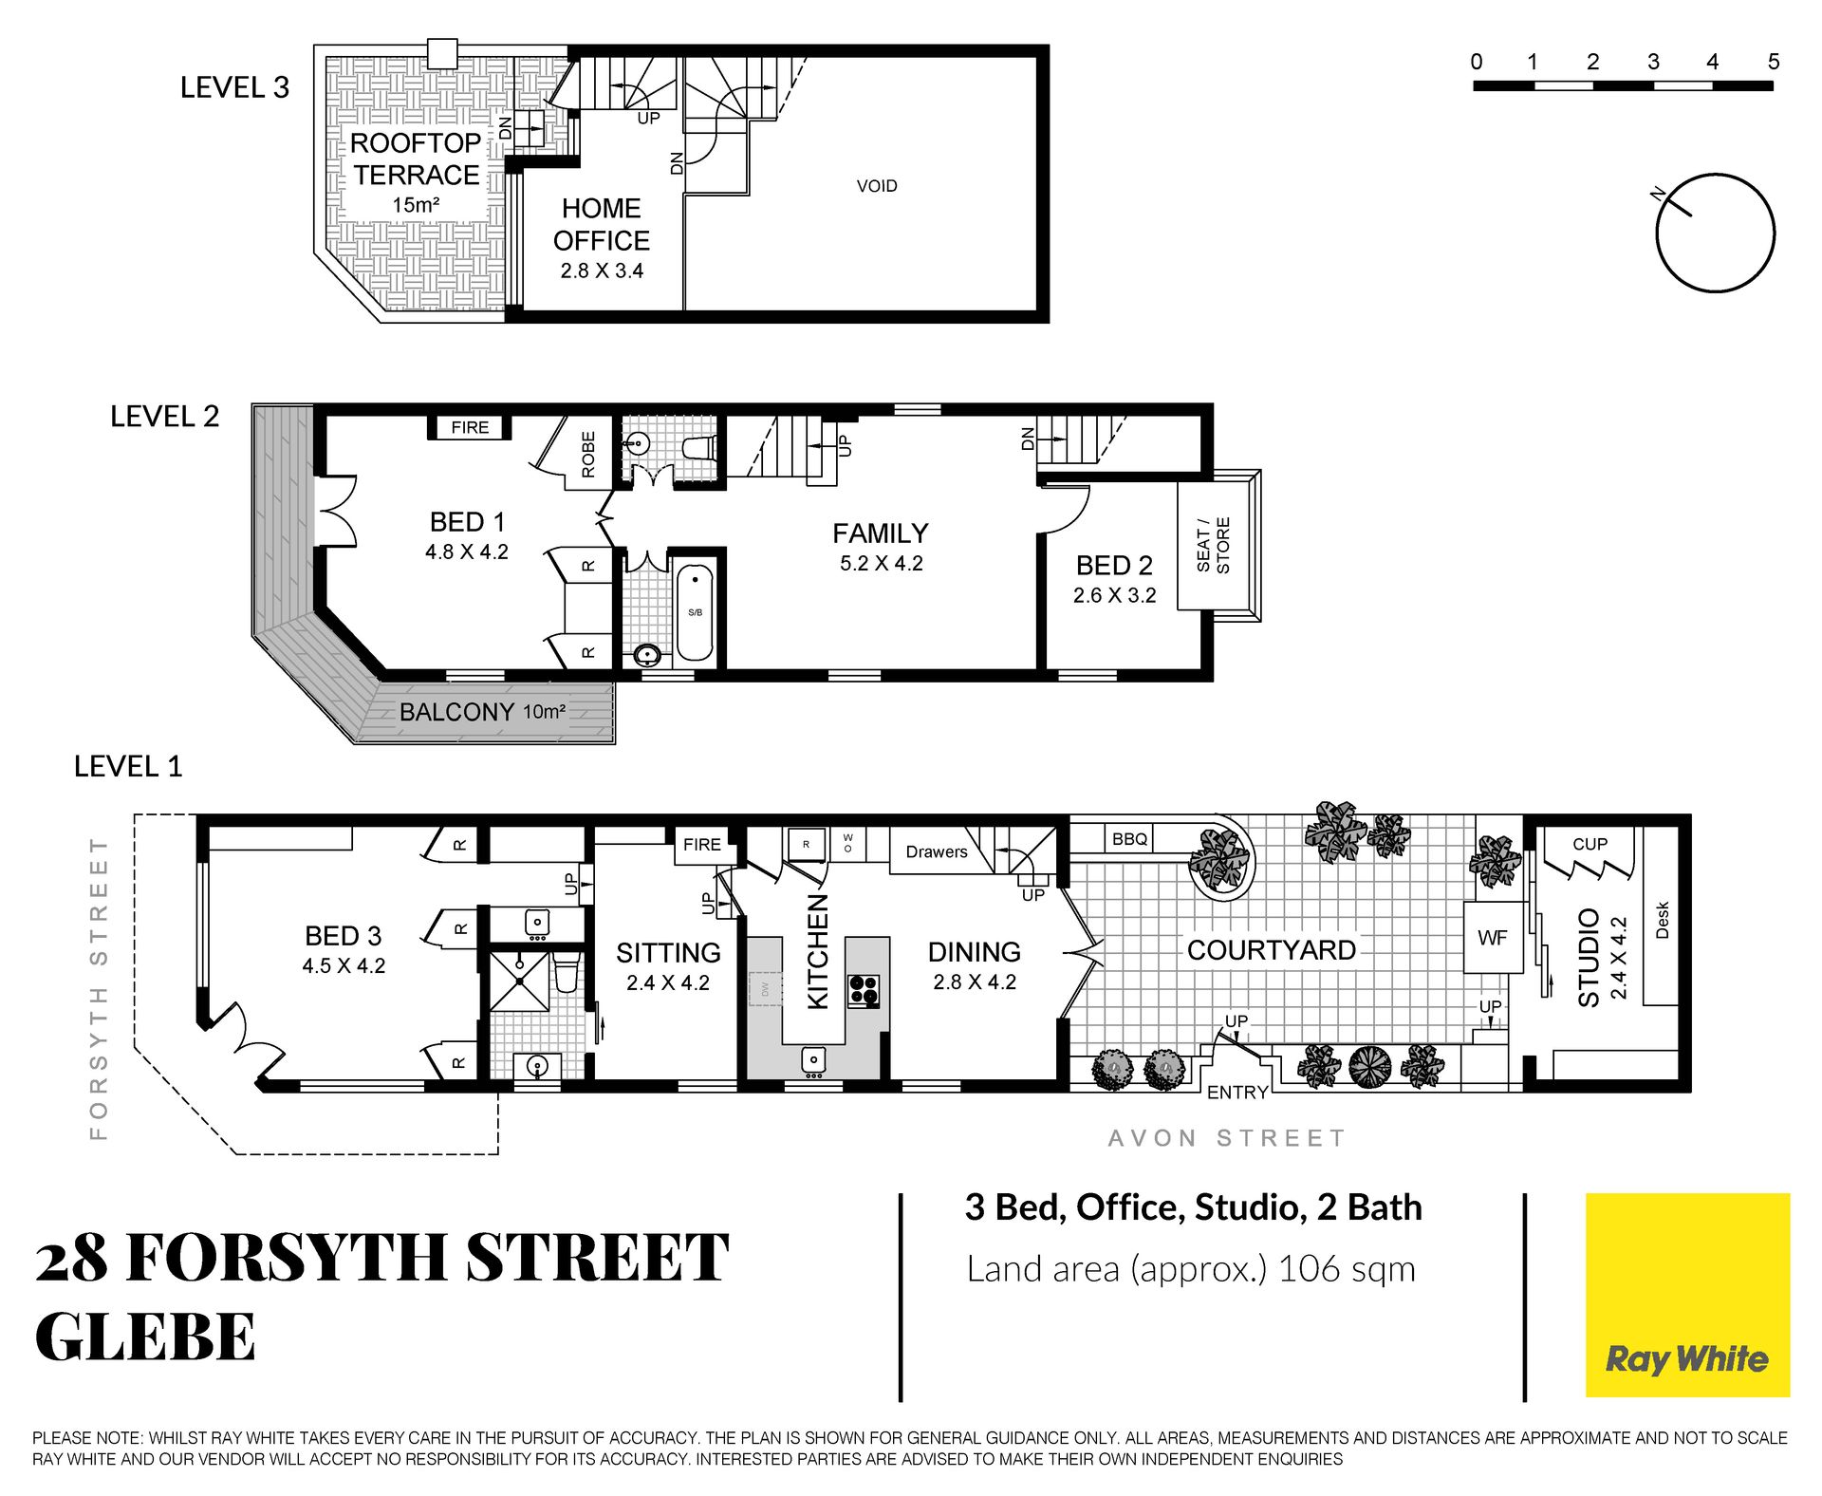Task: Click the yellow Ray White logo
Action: (1687, 1295)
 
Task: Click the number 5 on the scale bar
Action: (1773, 62)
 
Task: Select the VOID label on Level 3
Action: (877, 186)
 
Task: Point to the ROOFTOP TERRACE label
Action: (416, 159)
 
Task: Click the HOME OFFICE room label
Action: (602, 224)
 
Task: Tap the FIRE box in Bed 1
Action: (470, 427)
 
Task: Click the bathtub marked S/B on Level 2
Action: (695, 612)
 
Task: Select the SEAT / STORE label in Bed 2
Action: (1213, 546)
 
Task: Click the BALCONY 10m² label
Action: (483, 712)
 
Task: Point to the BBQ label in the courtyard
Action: (1129, 839)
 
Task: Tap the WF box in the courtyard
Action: (1493, 937)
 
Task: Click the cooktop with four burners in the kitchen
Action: (864, 991)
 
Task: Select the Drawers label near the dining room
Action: (937, 851)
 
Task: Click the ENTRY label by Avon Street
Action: (1237, 1093)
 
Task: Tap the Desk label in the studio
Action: (1662, 920)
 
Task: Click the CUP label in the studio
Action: (1590, 844)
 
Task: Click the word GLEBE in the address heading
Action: (145, 1337)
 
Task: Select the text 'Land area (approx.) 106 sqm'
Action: (1191, 1269)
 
